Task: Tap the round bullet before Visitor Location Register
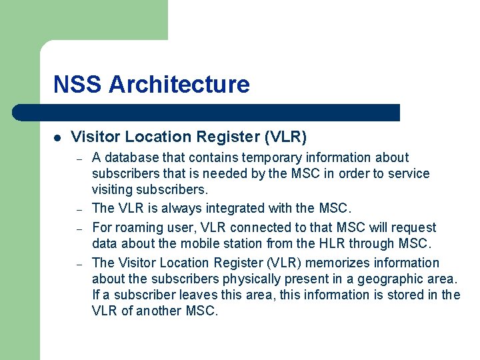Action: click(x=58, y=138)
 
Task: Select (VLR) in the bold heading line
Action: click(x=285, y=137)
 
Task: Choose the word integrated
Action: click(x=235, y=209)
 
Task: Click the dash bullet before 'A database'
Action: click(x=79, y=159)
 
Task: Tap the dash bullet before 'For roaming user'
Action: click(x=79, y=228)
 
